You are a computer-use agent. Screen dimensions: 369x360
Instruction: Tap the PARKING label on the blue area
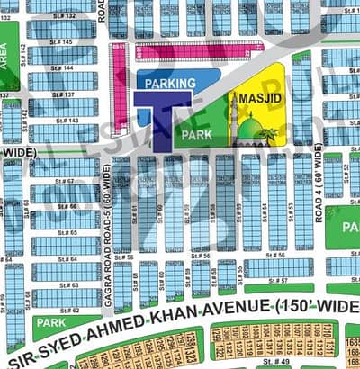point(170,84)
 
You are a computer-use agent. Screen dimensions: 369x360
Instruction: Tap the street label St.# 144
point(62,68)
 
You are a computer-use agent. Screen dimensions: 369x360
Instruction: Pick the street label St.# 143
point(67,121)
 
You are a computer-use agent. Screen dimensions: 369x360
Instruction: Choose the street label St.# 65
point(67,232)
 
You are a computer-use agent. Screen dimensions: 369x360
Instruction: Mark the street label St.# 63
point(67,285)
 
